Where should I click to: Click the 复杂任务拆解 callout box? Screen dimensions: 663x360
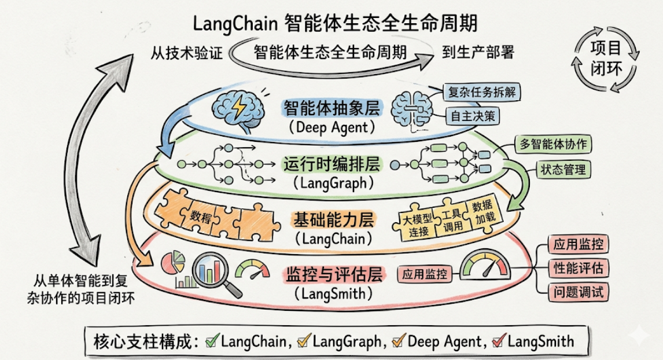[481, 92]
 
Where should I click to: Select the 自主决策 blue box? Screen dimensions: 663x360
[473, 116]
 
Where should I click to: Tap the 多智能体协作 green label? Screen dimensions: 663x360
[553, 144]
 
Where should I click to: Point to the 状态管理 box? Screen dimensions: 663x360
[563, 170]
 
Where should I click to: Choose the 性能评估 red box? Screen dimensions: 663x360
[578, 268]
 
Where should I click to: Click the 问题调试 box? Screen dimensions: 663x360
[578, 292]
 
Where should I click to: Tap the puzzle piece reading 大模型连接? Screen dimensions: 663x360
[417, 225]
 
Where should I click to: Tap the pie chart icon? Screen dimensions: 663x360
[174, 262]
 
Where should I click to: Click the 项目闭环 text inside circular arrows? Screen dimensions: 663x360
[606, 59]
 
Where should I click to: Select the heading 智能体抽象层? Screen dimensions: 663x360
[332, 108]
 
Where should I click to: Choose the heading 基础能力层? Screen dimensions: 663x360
[334, 220]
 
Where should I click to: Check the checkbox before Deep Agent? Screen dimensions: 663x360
[399, 340]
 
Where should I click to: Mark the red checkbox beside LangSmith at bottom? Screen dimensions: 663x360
[499, 340]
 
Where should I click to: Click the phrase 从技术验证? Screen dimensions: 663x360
[187, 53]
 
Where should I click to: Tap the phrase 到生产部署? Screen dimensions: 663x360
[478, 53]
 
